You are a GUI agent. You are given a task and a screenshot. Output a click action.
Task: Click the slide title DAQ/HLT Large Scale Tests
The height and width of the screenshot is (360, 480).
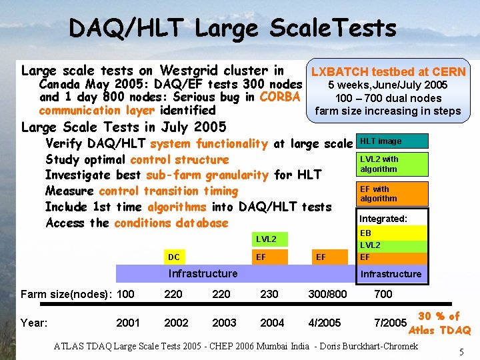[x=233, y=28]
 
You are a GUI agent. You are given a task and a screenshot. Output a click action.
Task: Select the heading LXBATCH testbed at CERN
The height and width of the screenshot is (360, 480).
[x=388, y=71]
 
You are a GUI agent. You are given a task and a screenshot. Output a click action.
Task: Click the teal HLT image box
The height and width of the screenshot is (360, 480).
[x=393, y=141]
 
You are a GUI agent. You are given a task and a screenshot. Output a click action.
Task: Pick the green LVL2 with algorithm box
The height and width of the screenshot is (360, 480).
[x=393, y=164]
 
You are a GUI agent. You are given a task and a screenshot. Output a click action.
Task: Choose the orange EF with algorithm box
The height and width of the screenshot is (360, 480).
[x=393, y=194]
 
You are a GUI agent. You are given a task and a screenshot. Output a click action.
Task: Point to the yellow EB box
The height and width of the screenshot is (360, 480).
[x=393, y=233]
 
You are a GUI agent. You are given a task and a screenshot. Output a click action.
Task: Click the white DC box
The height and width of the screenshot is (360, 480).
[x=189, y=257]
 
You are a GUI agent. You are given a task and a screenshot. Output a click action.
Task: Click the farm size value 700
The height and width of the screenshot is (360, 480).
[x=383, y=294]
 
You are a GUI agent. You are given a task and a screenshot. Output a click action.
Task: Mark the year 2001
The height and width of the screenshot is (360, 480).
[x=128, y=323]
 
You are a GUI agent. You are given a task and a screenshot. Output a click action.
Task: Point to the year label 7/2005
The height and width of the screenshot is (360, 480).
[x=390, y=323]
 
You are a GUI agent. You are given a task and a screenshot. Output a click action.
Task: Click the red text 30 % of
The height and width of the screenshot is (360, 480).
[x=438, y=316]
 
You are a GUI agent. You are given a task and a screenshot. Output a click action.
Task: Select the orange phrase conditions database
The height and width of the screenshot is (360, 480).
[x=171, y=223]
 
